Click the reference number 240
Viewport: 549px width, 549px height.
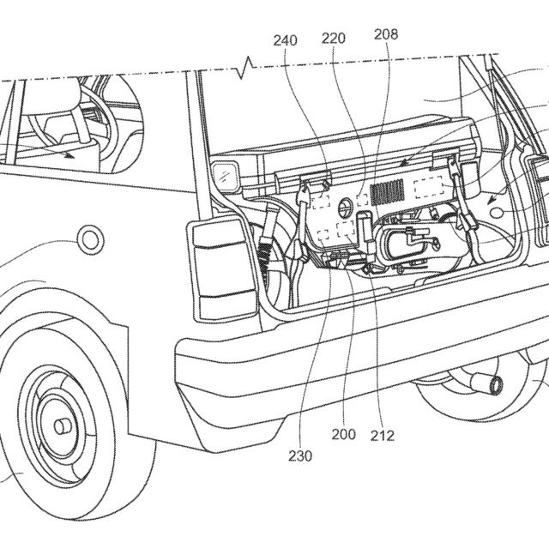(x=287, y=39)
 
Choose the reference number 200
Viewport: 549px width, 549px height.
(x=343, y=435)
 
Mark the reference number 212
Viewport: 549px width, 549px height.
(x=383, y=435)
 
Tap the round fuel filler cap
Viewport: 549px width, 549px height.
(x=90, y=240)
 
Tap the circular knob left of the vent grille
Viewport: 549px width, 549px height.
(x=346, y=207)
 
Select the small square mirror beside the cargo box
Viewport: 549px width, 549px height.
(x=226, y=177)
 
